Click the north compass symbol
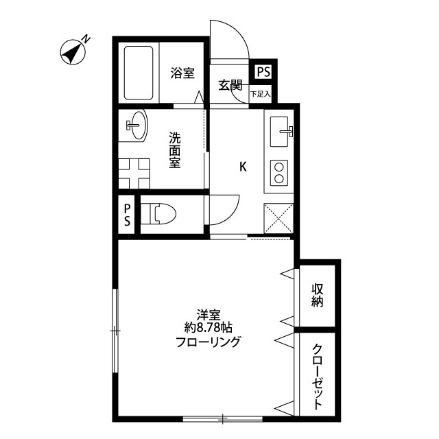click(x=73, y=52)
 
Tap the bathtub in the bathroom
click(x=139, y=73)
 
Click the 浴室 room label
click(x=182, y=73)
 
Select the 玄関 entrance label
click(x=230, y=85)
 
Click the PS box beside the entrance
click(x=263, y=71)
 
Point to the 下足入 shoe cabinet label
click(x=261, y=94)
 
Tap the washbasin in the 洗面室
click(x=137, y=125)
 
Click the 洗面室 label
click(x=175, y=150)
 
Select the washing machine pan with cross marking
click(x=134, y=174)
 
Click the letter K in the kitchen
click(x=243, y=167)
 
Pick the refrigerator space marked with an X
click(x=278, y=218)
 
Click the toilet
click(x=158, y=214)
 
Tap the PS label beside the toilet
click(x=127, y=215)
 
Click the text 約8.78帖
click(x=209, y=327)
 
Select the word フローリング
click(x=208, y=342)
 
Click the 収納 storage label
click(x=318, y=296)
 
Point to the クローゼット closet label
click(x=318, y=377)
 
